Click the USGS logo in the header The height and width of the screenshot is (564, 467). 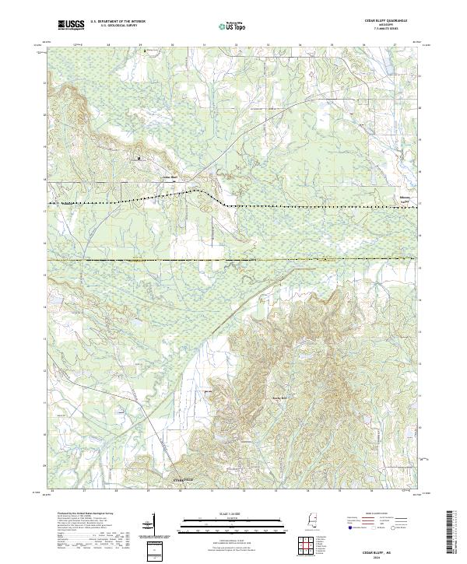coord(71,26)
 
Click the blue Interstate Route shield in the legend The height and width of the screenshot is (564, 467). coord(349,526)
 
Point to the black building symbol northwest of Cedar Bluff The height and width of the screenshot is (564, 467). coord(139,159)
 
